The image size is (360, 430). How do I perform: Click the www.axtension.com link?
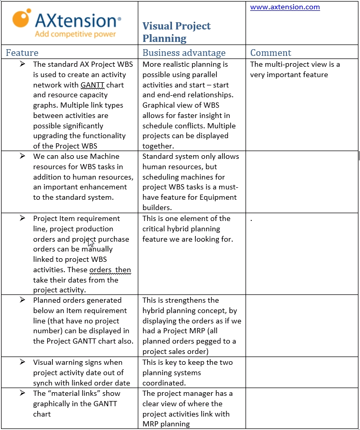(x=285, y=7)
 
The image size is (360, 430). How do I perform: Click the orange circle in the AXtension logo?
(x=21, y=19)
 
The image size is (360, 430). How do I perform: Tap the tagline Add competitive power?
(x=75, y=34)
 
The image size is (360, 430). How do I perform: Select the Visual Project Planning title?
(x=176, y=32)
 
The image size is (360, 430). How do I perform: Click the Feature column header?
(x=22, y=53)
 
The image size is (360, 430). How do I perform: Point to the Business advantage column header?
(x=184, y=53)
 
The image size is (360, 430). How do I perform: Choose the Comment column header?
(x=270, y=53)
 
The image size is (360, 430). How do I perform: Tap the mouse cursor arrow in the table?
(x=91, y=242)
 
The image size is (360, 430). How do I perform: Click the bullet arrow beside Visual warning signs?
(x=22, y=362)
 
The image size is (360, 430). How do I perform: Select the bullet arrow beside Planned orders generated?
(x=22, y=300)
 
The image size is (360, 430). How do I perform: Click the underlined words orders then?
(x=110, y=270)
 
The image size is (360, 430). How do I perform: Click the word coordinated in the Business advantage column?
(x=163, y=383)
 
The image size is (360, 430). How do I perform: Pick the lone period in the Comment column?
(x=251, y=219)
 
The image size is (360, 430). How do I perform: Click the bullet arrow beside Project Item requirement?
(x=22, y=218)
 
